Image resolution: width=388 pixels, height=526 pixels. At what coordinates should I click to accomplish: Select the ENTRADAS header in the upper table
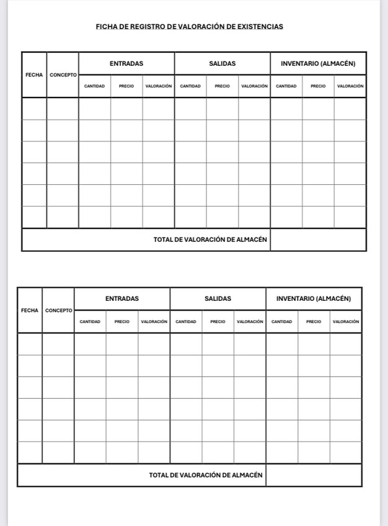(126, 63)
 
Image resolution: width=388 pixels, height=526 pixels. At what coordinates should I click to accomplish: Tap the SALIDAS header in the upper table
(223, 63)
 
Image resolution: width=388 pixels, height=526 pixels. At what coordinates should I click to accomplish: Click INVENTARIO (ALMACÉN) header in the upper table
(318, 63)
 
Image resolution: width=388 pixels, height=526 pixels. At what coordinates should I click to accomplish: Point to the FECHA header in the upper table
(34, 75)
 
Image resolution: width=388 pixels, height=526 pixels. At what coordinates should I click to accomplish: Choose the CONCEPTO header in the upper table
(63, 75)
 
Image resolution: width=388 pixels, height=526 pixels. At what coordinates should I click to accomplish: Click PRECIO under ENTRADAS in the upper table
(126, 86)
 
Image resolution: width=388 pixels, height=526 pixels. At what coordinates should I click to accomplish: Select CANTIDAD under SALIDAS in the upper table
(190, 86)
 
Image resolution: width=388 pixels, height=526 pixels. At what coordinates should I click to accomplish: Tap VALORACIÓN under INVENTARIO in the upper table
(350, 86)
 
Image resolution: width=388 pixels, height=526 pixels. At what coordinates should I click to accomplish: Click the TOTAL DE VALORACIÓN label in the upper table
(210, 239)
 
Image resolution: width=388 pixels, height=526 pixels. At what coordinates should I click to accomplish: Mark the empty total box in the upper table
(318, 239)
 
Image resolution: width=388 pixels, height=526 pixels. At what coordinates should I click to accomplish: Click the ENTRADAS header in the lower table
(122, 298)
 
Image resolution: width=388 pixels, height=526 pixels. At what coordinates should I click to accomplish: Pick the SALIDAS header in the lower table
(218, 298)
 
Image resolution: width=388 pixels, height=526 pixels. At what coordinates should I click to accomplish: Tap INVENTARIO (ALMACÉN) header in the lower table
(314, 298)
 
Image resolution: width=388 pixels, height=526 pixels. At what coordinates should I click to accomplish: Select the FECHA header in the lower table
(30, 310)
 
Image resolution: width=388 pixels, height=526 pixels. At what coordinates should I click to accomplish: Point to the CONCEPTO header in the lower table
(58, 310)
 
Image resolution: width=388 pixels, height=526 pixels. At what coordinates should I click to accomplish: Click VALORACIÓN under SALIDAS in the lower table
(250, 322)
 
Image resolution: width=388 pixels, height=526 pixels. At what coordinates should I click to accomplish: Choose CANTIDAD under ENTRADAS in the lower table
(90, 322)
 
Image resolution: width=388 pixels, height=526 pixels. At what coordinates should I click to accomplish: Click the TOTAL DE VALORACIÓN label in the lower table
(206, 475)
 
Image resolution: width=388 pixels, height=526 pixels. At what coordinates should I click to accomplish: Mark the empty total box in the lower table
(314, 475)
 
